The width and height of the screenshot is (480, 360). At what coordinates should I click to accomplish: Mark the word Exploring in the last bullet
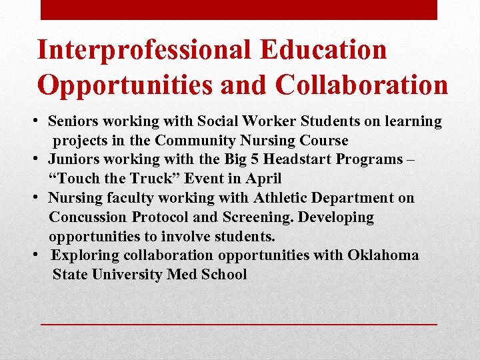[x=84, y=255]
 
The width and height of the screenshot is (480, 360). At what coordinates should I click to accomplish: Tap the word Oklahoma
[x=383, y=255]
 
